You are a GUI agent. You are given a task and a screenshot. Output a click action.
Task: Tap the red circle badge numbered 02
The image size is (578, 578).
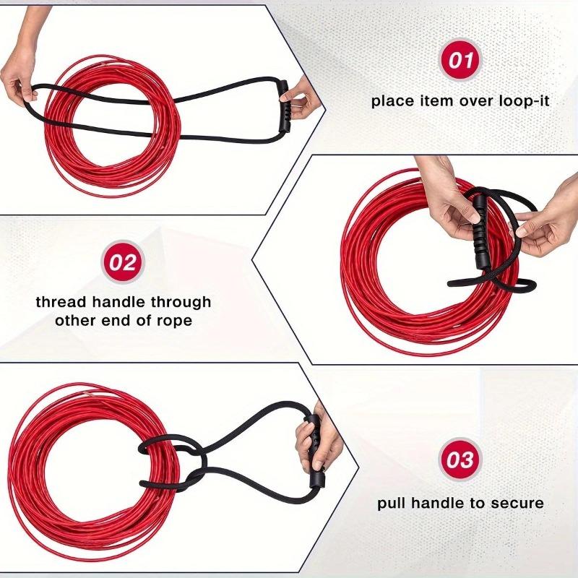pos(124,262)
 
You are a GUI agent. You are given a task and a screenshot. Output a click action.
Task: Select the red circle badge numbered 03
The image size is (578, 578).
pos(460,460)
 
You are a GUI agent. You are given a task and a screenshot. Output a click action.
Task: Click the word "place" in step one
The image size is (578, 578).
pos(393,101)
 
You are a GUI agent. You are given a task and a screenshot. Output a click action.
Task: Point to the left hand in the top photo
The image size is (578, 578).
pos(20,79)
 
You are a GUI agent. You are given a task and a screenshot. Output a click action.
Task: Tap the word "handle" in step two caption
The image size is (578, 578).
pos(120,301)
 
